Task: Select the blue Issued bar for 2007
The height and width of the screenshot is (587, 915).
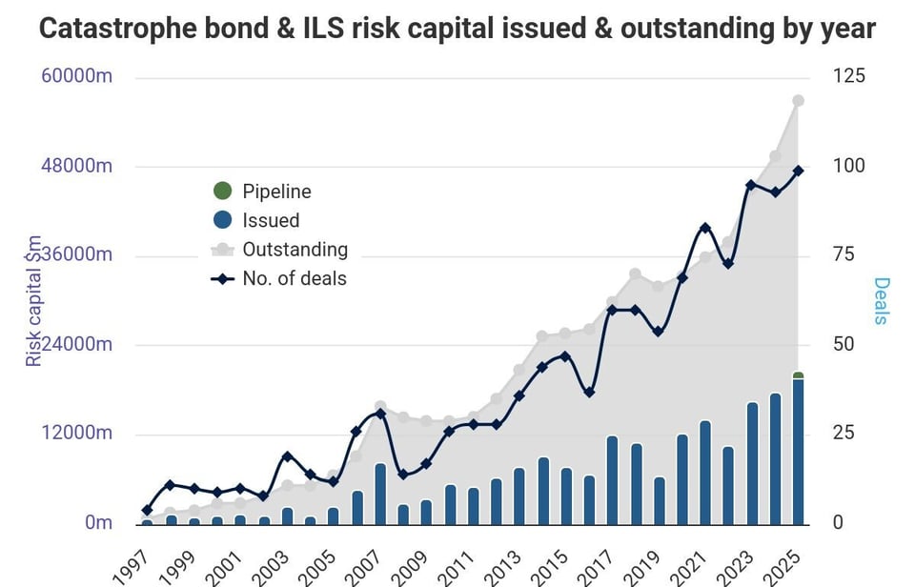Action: pyautogui.click(x=380, y=494)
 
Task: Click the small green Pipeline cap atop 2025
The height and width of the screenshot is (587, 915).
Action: pyautogui.click(x=798, y=376)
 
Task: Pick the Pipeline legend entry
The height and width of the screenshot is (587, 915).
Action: pyautogui.click(x=275, y=192)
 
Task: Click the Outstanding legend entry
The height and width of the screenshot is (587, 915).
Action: pyautogui.click(x=294, y=250)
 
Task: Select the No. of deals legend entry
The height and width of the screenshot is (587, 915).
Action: pyautogui.click(x=294, y=279)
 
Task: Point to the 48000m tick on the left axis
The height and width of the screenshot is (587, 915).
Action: pyautogui.click(x=77, y=166)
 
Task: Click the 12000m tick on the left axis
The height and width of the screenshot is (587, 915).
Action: pyautogui.click(x=77, y=434)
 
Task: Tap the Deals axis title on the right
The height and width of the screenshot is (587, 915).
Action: pyautogui.click(x=881, y=300)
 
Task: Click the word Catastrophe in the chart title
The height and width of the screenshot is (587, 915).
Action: pyautogui.click(x=109, y=28)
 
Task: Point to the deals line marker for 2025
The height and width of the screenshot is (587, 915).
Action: pyautogui.click(x=799, y=171)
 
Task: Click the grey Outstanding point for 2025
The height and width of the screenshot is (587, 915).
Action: pyautogui.click(x=799, y=101)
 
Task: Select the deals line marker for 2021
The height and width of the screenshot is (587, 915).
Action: pyautogui.click(x=705, y=228)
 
